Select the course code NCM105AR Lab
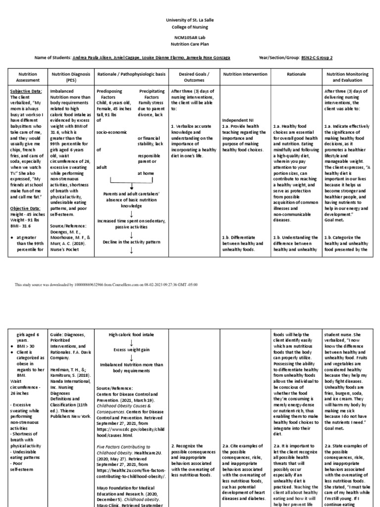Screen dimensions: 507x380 pos(190,38)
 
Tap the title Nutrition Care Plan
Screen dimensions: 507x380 pos(190,44)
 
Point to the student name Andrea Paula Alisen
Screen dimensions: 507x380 pos(94,57)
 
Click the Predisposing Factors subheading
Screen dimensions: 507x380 pos(108,95)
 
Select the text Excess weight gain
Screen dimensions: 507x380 pos(132,350)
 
